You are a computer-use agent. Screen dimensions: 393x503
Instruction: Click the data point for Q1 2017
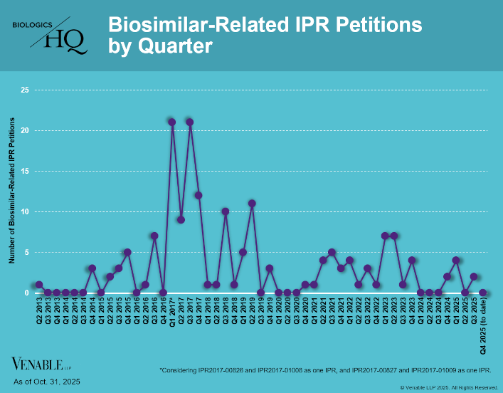click(172, 122)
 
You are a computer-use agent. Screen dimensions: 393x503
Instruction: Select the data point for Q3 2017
click(190, 122)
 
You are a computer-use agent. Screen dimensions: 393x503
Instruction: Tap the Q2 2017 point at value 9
click(181, 219)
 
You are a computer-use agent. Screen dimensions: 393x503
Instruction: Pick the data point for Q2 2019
click(252, 203)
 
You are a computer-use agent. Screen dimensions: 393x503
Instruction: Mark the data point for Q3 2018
click(225, 211)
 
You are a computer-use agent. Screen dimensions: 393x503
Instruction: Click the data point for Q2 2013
click(39, 285)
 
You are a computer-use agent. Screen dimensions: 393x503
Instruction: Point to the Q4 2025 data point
click(483, 293)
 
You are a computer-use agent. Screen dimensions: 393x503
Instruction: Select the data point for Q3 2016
click(154, 236)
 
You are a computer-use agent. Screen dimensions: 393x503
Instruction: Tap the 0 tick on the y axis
click(26, 293)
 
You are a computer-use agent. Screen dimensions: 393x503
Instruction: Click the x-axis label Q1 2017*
click(172, 316)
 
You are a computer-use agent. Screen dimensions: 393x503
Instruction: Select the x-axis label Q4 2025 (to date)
click(483, 327)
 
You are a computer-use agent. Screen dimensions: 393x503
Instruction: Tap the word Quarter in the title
click(171, 46)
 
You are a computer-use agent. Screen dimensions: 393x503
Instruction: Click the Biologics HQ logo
click(51, 36)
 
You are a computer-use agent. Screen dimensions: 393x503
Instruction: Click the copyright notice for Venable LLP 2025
click(449, 387)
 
